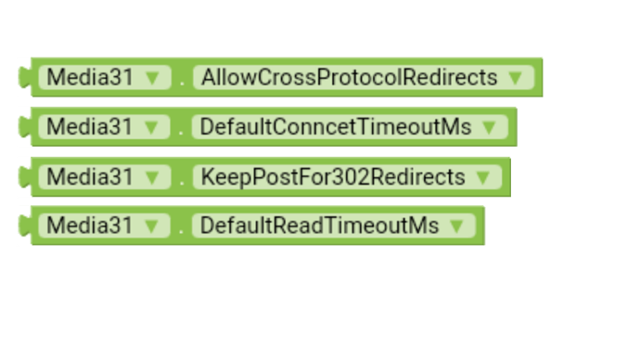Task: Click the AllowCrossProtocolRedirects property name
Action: [x=350, y=77]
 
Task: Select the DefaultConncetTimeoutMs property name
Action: [x=336, y=127]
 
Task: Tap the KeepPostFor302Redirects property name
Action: [x=333, y=176]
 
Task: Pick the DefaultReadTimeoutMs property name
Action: [x=320, y=225]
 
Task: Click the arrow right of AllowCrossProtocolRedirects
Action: [x=516, y=77]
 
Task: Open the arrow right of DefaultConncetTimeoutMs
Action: [x=490, y=127]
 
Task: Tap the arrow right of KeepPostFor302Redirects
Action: [x=482, y=176]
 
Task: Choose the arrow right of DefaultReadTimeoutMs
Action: [x=456, y=225]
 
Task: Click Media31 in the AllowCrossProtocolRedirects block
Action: [x=90, y=77]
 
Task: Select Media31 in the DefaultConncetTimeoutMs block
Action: [x=90, y=127]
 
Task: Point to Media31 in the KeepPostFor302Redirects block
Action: [x=90, y=176]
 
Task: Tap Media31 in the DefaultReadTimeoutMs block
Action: [x=90, y=225]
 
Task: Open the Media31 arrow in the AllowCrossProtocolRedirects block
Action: [x=152, y=77]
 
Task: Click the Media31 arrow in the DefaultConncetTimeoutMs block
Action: [x=152, y=127]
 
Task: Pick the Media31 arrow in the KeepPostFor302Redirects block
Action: [x=152, y=176]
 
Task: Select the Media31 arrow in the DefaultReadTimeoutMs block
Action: [x=152, y=225]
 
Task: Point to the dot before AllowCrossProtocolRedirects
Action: [x=182, y=83]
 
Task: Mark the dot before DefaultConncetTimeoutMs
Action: [x=182, y=133]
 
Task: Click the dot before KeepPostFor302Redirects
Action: [x=182, y=182]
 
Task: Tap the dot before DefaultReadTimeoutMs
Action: [x=182, y=231]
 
